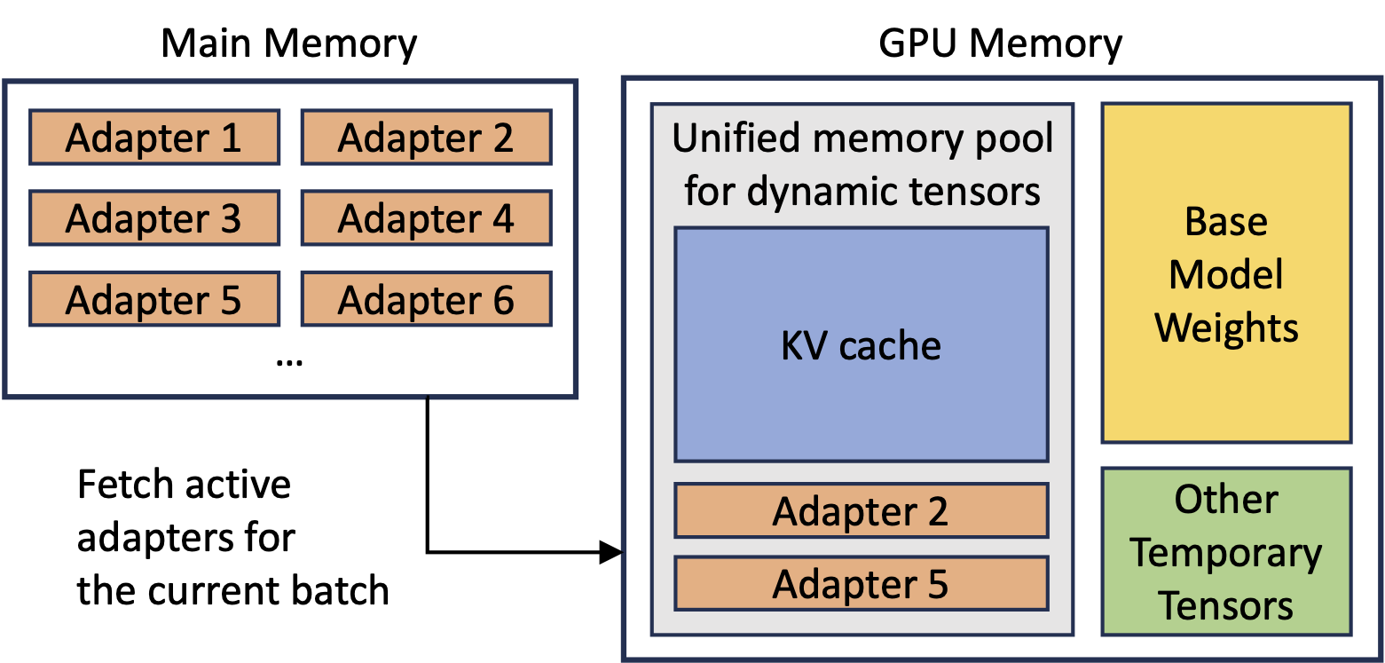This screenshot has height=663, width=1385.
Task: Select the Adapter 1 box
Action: click(154, 138)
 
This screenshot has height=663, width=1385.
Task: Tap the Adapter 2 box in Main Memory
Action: click(427, 138)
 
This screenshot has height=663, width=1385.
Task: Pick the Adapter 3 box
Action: click(154, 218)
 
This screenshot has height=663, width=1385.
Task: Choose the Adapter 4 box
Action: click(427, 218)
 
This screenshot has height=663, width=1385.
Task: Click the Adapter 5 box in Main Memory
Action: click(154, 299)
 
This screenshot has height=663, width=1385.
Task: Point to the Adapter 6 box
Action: click(427, 299)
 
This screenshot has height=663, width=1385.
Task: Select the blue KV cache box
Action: click(861, 344)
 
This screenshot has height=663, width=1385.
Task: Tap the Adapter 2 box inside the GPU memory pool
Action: click(861, 511)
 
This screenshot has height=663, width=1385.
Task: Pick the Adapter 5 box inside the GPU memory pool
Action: click(861, 583)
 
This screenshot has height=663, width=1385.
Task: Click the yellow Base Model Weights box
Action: click(1226, 273)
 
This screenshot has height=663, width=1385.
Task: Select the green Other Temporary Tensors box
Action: click(1226, 552)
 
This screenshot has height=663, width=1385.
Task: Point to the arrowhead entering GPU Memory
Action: click(613, 552)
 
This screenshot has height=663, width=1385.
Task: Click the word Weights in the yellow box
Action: click(1226, 328)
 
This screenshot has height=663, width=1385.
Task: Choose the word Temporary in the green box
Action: click(1226, 553)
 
